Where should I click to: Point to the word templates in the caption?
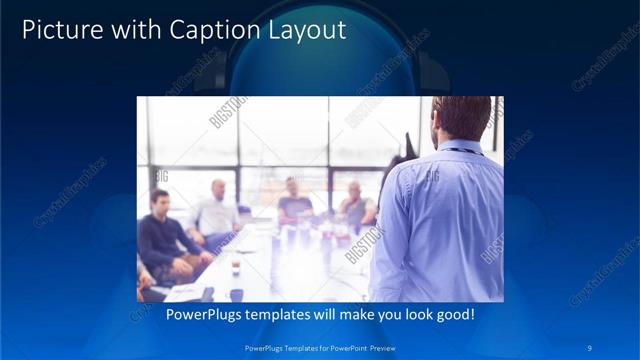point(281,314)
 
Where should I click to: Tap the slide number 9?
point(591,347)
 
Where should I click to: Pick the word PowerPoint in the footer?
point(337,347)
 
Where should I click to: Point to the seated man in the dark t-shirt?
point(294,200)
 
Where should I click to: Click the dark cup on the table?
point(235,267)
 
